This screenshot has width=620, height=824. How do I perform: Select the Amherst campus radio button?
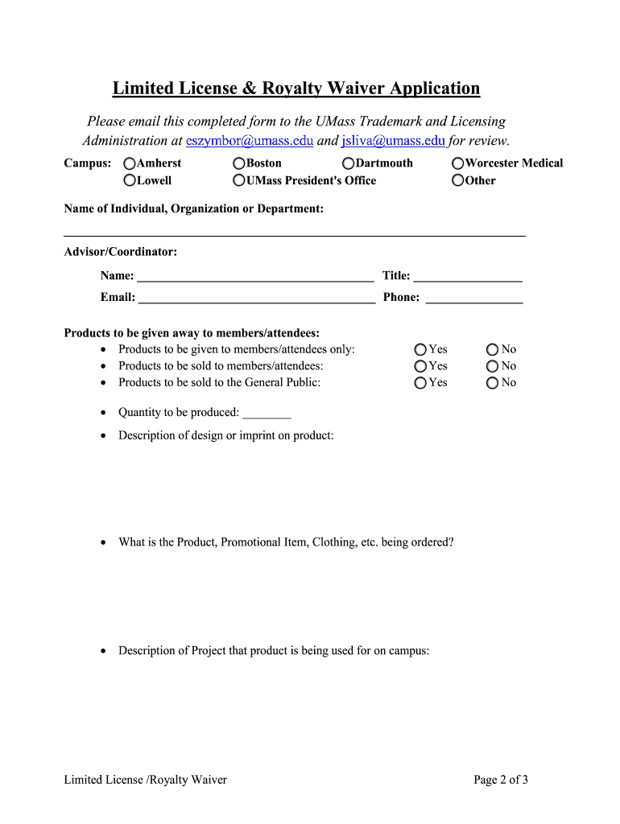coord(130,163)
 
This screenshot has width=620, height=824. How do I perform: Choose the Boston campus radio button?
coord(239,163)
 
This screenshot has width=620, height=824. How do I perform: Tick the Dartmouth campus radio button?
coord(349,163)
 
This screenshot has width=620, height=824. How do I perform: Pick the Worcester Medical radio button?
coord(458,163)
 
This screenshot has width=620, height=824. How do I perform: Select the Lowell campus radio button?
coord(130,181)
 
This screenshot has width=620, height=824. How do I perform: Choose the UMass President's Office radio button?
coord(239,181)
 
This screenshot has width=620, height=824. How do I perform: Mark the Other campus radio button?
coord(458,181)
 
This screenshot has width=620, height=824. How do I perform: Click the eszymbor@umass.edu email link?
coord(250,141)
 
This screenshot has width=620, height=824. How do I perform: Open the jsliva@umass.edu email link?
coord(393,141)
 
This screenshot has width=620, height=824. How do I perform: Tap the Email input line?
coord(257,299)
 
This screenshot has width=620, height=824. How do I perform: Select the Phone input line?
coord(474,299)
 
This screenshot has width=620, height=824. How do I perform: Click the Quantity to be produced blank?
coord(267,414)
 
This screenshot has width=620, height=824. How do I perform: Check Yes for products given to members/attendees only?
coord(421,350)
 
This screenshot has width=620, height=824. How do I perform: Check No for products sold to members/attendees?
coord(493,366)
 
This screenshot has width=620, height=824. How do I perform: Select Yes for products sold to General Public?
coord(421,383)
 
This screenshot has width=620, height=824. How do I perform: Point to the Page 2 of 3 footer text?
coord(501,779)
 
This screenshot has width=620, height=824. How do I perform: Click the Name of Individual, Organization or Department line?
coord(295,232)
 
